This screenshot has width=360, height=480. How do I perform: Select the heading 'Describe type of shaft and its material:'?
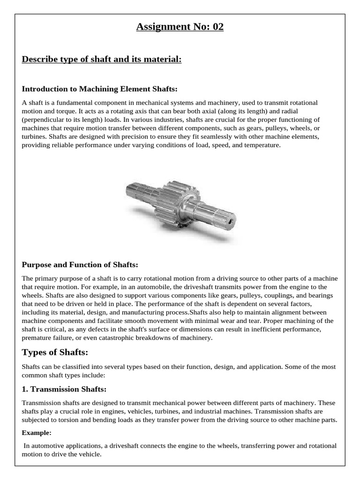[102, 60]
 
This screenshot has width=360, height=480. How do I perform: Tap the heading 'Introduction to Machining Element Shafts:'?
[100, 89]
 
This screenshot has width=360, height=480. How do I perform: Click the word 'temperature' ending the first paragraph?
[263, 145]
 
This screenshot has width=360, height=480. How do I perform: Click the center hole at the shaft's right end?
[231, 218]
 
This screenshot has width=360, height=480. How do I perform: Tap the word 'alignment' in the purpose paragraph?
[278, 312]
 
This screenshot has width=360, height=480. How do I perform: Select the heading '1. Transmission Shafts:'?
[64, 389]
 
